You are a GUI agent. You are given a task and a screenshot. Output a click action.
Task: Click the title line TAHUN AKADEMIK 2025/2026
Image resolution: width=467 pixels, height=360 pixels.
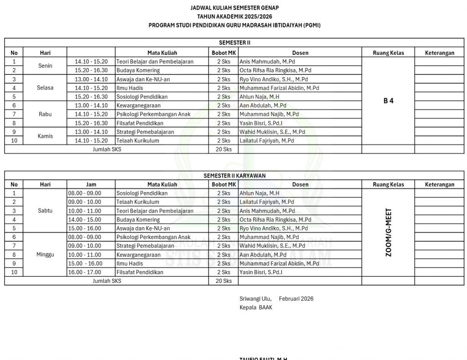coord(234,16)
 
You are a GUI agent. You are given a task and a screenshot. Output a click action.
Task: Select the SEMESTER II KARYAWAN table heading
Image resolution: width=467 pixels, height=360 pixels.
coord(234,175)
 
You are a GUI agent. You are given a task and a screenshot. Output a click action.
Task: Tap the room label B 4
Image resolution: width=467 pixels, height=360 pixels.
coord(388,101)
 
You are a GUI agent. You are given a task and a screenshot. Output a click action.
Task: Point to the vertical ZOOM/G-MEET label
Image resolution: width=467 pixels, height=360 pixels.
coord(389,233)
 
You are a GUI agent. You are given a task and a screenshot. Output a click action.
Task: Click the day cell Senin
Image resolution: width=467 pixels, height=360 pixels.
coord(45,66)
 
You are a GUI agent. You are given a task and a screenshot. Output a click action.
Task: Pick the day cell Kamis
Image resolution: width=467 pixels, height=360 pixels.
coord(45,136)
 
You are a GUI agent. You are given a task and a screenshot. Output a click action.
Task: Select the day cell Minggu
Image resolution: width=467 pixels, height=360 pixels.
coord(45,255)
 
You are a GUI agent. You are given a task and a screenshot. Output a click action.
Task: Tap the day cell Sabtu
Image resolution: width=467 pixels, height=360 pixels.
coord(45,211)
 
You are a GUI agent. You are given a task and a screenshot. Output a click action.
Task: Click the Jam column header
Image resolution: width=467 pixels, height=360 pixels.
coord(91,184)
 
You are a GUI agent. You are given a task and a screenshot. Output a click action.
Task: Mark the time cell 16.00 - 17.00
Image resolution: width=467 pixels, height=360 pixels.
coord(85,272)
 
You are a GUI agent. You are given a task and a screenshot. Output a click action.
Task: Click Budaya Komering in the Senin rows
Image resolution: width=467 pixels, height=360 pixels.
coord(138,70)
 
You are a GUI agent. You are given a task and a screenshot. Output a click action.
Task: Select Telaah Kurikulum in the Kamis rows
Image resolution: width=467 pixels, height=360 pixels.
coord(138,141)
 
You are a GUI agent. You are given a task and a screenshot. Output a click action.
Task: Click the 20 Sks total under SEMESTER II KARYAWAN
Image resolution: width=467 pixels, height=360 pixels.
coord(223,281)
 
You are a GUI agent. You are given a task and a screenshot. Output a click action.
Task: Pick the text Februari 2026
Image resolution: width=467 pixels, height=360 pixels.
coord(296,299)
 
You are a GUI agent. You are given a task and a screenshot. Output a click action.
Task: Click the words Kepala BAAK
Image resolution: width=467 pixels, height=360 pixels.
coord(256,308)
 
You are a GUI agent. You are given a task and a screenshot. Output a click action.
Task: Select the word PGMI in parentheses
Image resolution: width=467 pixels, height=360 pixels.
coord(312,25)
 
